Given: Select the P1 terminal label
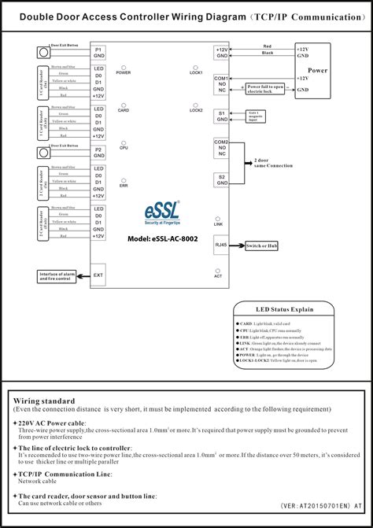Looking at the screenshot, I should [98, 50].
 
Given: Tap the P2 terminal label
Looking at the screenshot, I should [98, 150].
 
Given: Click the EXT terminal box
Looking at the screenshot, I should [98, 275].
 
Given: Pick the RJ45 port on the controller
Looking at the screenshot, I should [222, 246].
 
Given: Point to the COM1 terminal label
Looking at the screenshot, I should [221, 79].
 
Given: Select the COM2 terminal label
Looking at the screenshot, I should [221, 142].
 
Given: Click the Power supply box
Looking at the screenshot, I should [317, 70].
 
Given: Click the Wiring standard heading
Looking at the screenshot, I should [44, 401].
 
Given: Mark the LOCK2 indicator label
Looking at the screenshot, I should [197, 110].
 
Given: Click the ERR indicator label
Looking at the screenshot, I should [124, 186].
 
